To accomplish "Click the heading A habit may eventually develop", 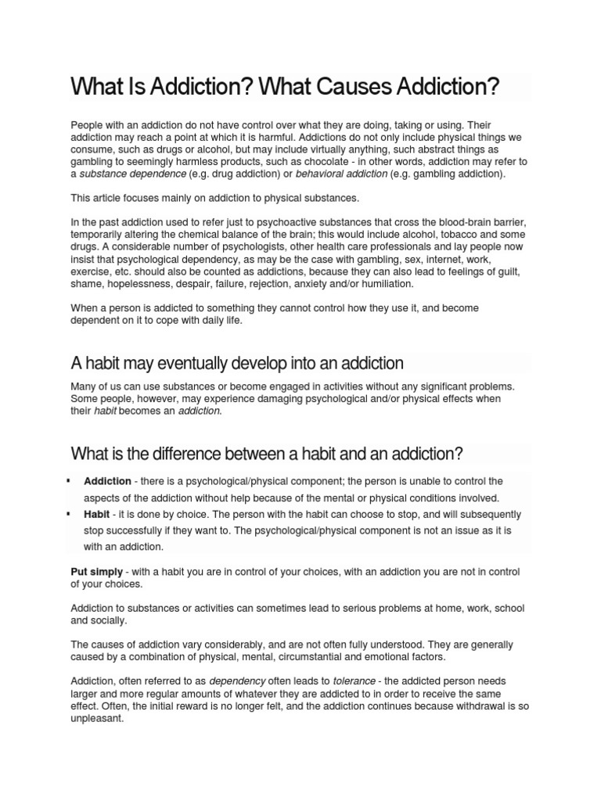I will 237,364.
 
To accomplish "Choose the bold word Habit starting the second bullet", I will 97,515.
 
